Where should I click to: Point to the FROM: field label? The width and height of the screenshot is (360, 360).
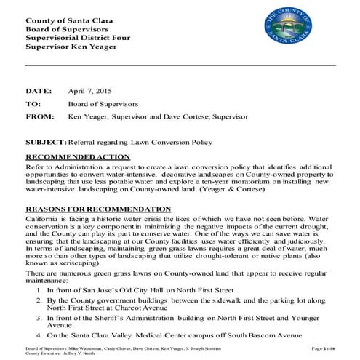(39, 116)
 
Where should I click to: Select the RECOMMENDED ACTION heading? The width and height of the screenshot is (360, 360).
(78, 156)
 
